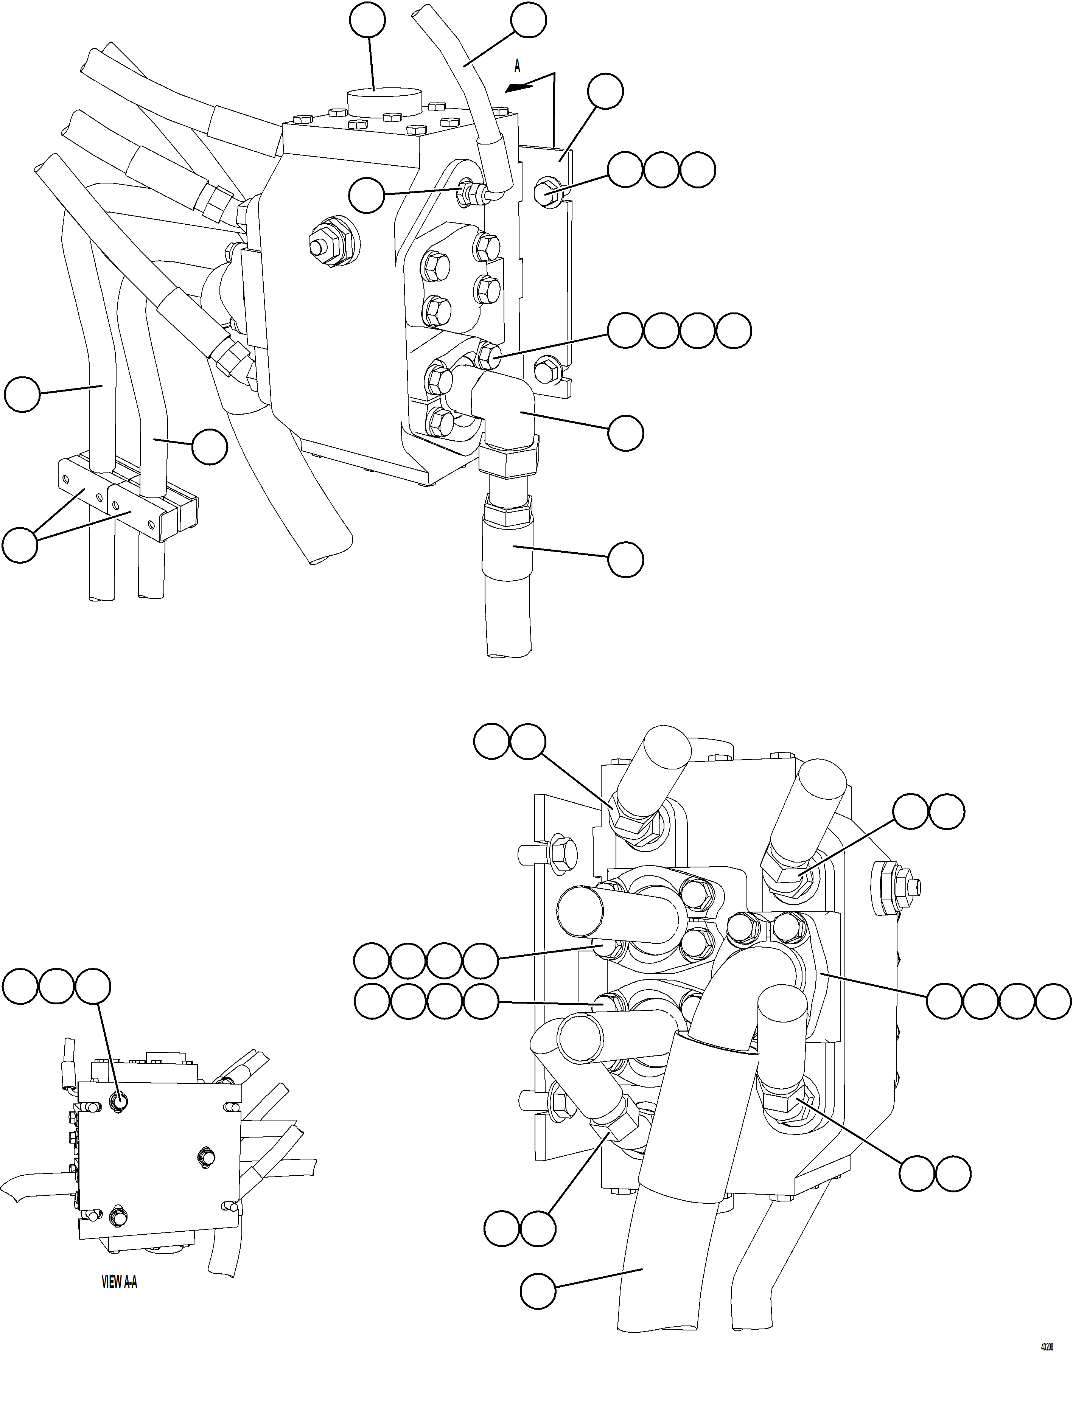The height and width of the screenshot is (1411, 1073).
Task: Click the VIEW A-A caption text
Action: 120,1282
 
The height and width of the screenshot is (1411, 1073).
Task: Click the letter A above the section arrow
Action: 517,66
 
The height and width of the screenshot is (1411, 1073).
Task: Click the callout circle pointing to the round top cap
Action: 367,20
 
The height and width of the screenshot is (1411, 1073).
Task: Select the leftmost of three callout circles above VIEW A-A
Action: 20,987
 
